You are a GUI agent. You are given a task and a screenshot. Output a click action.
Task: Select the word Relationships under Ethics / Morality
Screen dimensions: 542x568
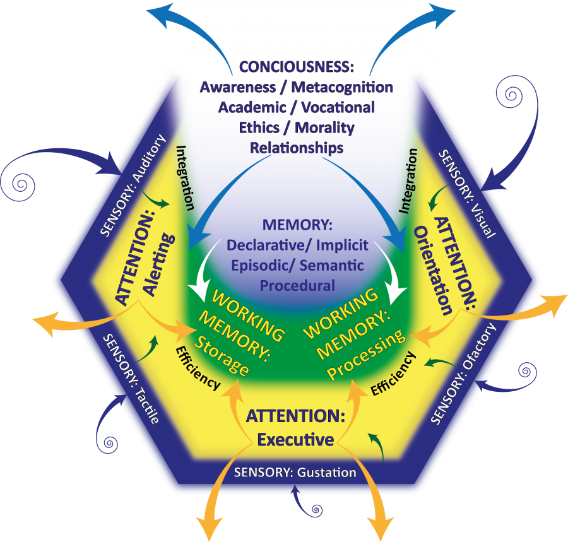pos(297,148)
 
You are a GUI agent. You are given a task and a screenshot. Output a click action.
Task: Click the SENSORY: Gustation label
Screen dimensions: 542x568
pos(295,472)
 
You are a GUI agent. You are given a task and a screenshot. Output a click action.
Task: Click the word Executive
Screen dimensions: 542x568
pos(295,439)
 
